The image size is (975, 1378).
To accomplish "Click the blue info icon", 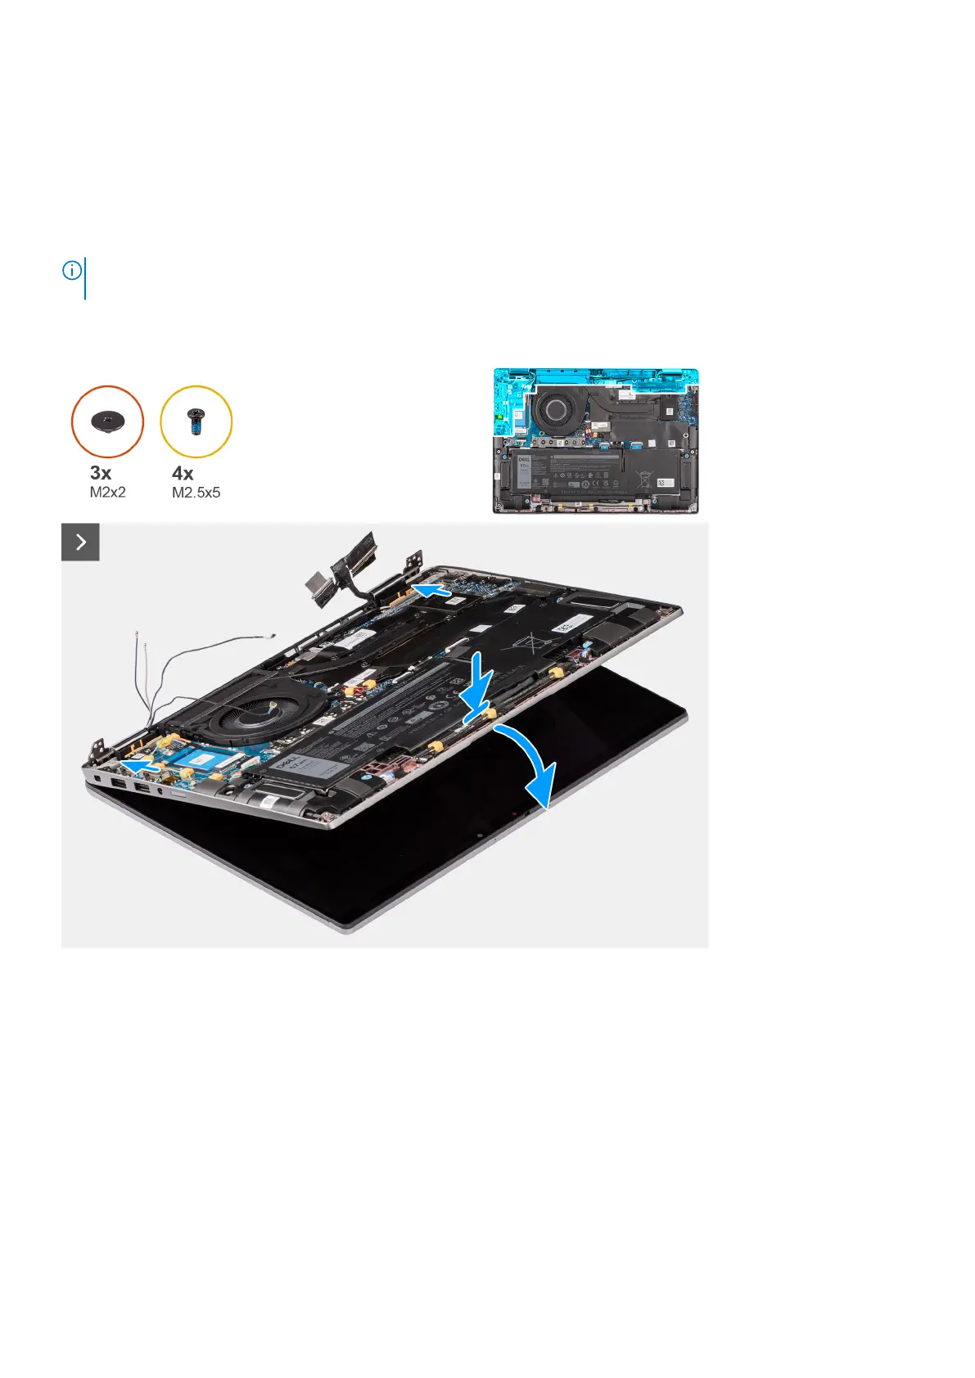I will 72,270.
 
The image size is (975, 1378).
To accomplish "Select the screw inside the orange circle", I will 107,421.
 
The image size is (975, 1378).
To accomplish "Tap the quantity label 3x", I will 101,473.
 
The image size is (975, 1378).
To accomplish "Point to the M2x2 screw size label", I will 108,493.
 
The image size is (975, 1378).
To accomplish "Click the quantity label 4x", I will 183,473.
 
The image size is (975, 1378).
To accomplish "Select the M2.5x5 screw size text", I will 196,493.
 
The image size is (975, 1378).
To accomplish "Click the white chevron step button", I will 80,542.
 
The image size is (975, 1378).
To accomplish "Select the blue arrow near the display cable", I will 431,590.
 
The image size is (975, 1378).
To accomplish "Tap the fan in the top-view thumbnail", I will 557,408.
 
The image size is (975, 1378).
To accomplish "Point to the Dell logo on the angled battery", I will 287,765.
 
